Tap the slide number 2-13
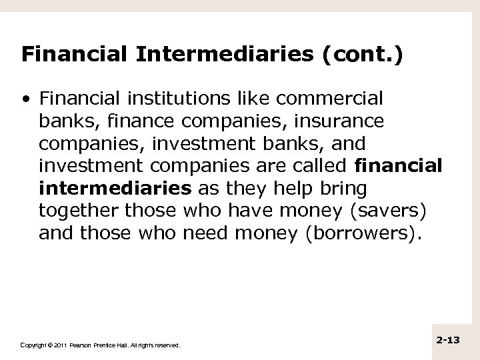pos(449,340)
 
